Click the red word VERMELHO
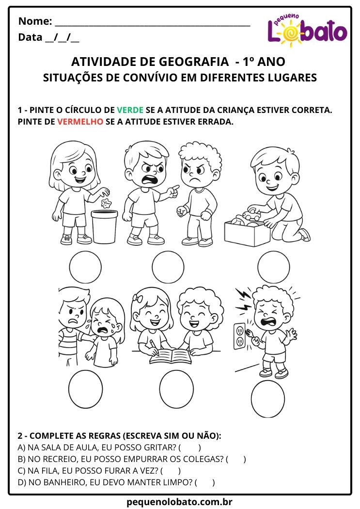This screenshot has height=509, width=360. pos(80,122)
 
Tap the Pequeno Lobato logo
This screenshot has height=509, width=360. pos(307,31)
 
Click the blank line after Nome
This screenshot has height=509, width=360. pos(152,22)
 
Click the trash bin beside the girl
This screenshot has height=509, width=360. pos(105,226)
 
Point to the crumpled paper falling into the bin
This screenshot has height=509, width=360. pos(106,202)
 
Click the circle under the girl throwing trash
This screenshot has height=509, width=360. pos(85,267)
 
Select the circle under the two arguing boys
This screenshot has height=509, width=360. pos(168,267)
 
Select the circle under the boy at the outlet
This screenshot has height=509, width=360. pos(267,398)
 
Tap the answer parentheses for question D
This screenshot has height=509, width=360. pos(204,482)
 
